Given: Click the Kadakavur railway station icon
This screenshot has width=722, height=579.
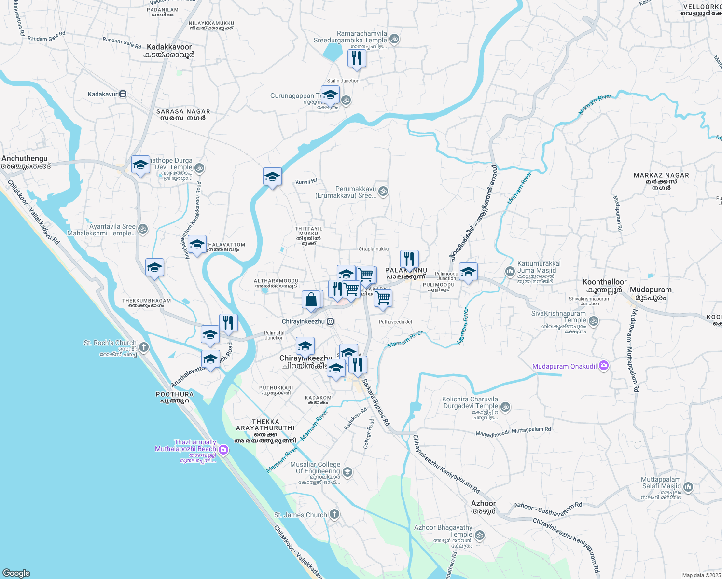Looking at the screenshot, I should click(x=123, y=94).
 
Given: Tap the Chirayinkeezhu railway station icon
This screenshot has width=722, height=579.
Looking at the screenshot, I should click(x=331, y=322).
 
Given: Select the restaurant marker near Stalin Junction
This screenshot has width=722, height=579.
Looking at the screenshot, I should click(x=357, y=59).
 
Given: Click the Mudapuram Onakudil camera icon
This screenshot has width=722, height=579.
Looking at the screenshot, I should click(x=603, y=366).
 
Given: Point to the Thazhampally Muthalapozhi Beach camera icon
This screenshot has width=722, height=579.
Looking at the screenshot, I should click(x=223, y=450).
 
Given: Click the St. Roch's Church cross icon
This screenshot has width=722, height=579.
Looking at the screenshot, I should click(x=143, y=347).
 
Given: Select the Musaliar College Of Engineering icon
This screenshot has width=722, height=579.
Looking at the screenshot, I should click(x=347, y=472).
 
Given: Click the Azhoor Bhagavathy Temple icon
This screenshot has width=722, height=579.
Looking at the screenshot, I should click(x=480, y=535).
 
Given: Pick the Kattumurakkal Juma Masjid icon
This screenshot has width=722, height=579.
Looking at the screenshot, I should click(x=510, y=272).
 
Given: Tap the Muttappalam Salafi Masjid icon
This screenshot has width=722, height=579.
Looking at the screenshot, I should click(x=688, y=487).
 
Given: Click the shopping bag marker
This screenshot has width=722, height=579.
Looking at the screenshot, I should click(x=311, y=300).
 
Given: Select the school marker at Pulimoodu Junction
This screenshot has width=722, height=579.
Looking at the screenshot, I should click(x=468, y=272).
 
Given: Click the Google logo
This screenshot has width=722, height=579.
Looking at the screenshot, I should click(x=16, y=573).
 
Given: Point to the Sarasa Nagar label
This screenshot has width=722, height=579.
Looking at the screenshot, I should click(x=183, y=114).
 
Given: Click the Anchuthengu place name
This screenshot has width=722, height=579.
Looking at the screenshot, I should click(x=26, y=162).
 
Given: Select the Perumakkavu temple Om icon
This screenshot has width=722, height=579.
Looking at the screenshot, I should click(x=383, y=192).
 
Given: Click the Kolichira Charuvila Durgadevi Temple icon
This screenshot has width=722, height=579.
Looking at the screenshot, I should click(x=505, y=407).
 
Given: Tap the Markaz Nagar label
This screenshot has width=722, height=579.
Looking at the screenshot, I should click(x=661, y=179).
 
